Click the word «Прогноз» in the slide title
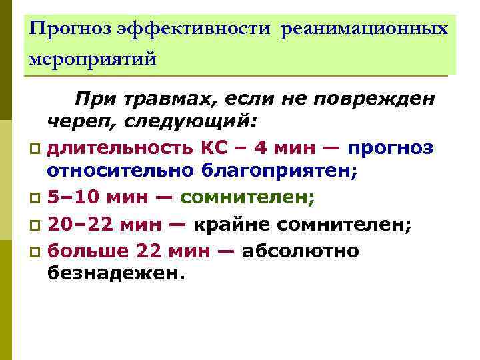[x=70, y=30]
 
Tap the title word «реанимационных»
[x=365, y=30]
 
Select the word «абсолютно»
[x=301, y=251]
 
